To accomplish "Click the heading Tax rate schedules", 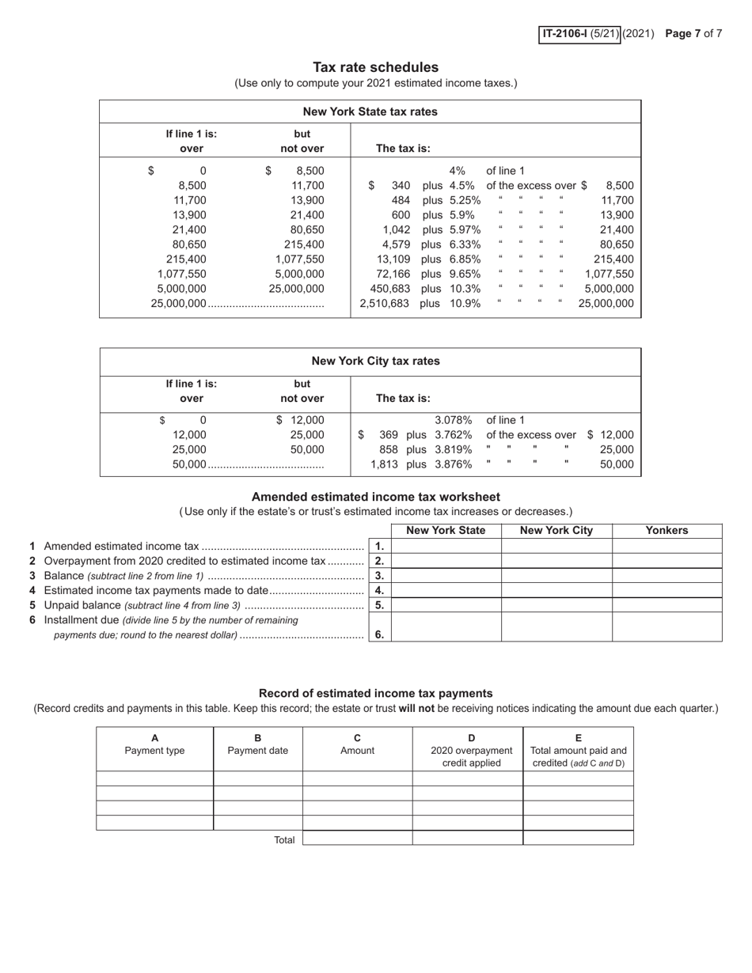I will [x=375, y=67].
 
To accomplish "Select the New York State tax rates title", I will [x=370, y=112].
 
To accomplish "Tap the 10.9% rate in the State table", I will [x=465, y=303].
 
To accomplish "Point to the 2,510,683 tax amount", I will [x=384, y=303].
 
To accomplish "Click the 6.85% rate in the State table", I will [x=465, y=259].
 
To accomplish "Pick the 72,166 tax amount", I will [x=392, y=274].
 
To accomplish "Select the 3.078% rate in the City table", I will [x=454, y=420].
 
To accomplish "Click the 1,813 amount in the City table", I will [x=384, y=464].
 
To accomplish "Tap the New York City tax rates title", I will [x=375, y=362].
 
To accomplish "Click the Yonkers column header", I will [x=667, y=531].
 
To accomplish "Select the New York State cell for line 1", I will [x=446, y=546].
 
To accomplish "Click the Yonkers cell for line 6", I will [x=667, y=627].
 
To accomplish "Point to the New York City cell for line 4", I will [x=556, y=590].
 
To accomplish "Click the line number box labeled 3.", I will [x=380, y=576].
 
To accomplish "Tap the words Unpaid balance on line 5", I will [x=82, y=605].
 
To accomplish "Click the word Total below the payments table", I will [x=284, y=840].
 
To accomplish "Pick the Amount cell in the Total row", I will [x=357, y=838].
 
